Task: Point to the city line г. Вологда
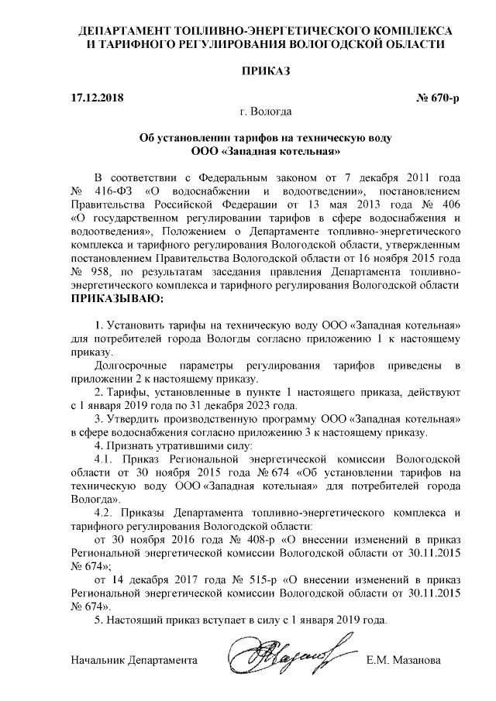(265, 112)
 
